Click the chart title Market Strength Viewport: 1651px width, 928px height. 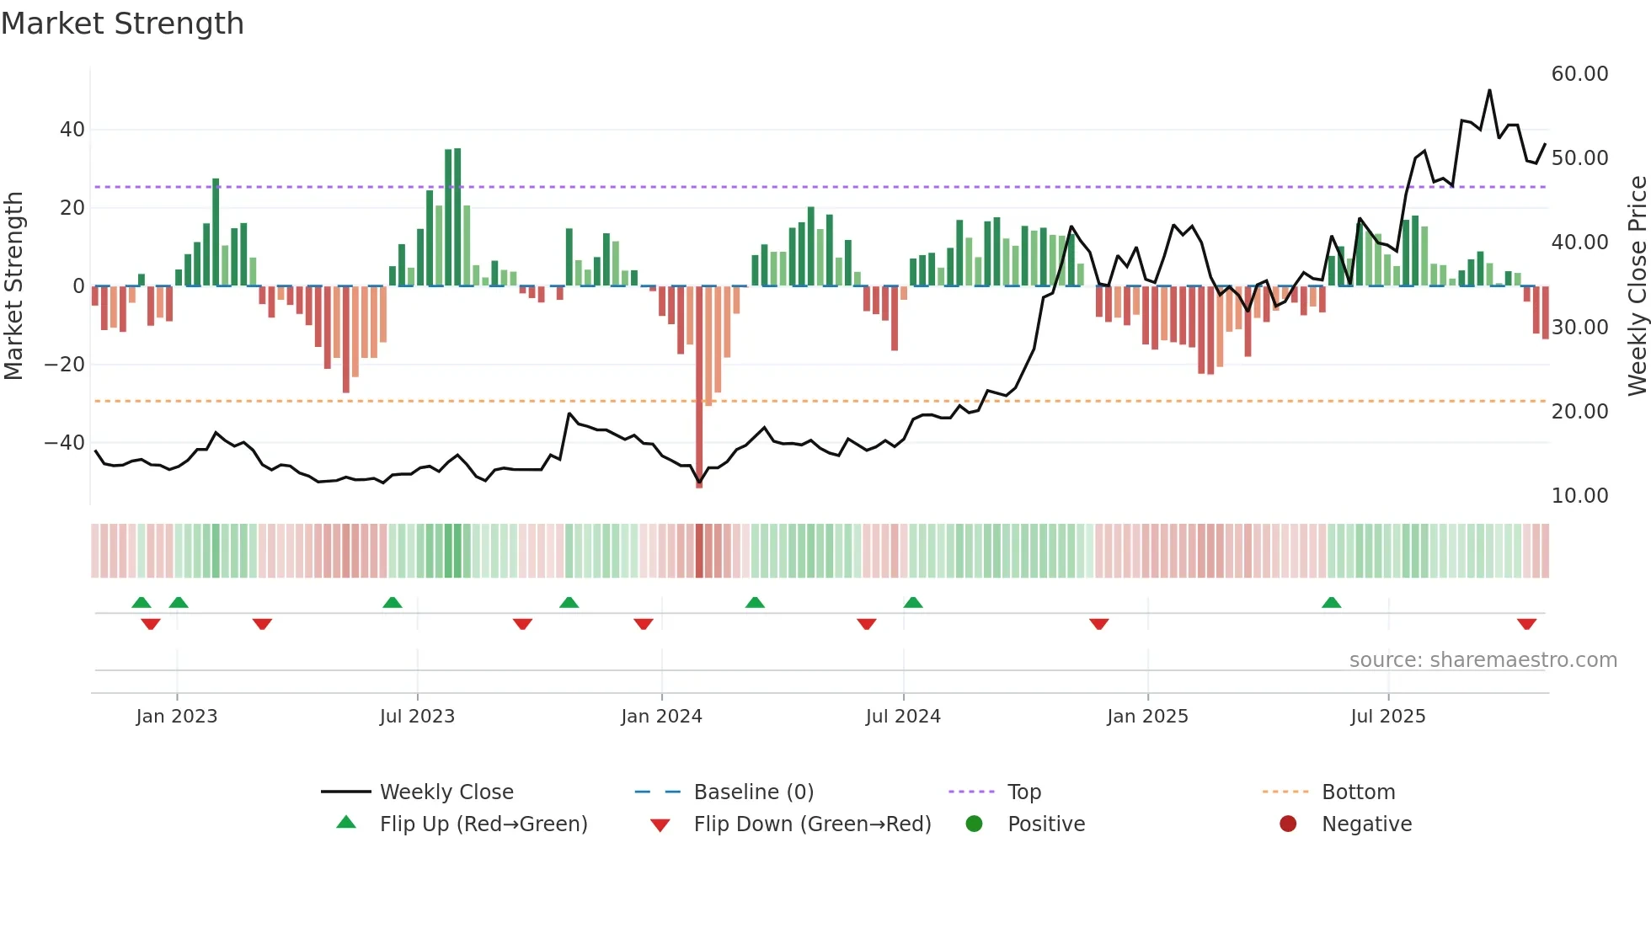point(122,24)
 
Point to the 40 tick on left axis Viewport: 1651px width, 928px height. point(72,130)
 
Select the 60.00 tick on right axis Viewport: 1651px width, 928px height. point(1579,74)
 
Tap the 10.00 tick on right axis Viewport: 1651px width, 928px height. point(1579,496)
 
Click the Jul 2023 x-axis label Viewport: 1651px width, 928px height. point(417,717)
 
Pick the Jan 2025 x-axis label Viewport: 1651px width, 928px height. point(1147,717)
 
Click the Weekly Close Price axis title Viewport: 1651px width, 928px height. point(1637,286)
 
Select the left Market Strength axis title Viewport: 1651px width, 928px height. point(13,286)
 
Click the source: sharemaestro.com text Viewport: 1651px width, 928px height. point(1483,660)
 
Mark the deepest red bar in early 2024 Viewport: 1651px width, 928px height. point(699,387)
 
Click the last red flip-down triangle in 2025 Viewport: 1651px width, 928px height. point(1526,624)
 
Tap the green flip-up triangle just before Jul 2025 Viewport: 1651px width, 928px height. point(1331,602)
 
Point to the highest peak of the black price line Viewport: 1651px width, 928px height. point(1489,90)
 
